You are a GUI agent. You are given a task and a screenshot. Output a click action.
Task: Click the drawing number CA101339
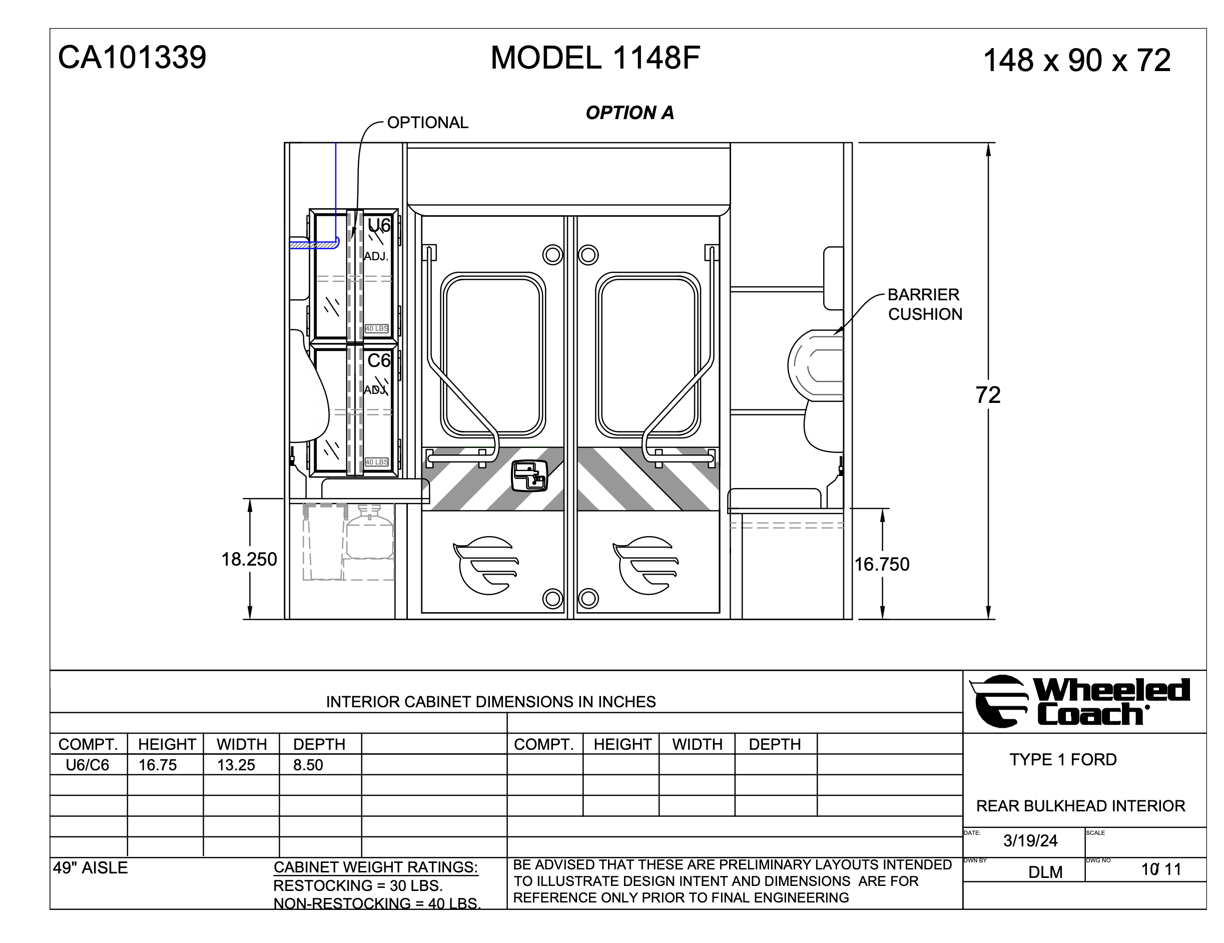(x=132, y=57)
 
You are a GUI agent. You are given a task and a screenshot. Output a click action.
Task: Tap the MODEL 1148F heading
(x=595, y=57)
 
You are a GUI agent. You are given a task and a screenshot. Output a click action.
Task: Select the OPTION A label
(x=630, y=113)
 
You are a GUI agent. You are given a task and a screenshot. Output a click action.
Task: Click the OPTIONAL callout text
(x=428, y=122)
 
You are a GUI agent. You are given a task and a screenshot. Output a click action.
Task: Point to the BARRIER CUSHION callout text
(x=925, y=304)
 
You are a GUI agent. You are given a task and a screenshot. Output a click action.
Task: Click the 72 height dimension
(x=987, y=395)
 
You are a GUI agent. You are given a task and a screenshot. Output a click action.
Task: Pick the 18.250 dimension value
(x=249, y=559)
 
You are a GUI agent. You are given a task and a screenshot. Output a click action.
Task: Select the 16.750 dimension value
(x=882, y=564)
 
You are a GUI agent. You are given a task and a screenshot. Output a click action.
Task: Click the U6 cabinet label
(x=379, y=225)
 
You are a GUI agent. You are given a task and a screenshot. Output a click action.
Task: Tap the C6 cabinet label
(x=379, y=360)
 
